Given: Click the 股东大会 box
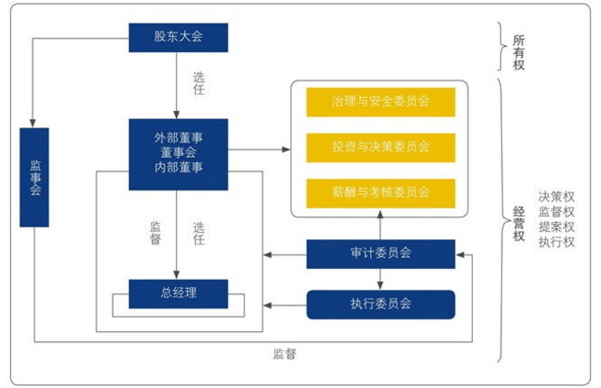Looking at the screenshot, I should pos(178,37).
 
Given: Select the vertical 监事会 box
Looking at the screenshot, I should pos(34,177).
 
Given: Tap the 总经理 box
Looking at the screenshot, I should pos(178,292).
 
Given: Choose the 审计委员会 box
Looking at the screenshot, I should pos(380,254).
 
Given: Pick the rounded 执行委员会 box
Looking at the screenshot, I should pos(380,304).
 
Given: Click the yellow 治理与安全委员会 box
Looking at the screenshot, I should pos(380,102).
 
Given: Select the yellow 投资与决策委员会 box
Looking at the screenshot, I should pos(380,146).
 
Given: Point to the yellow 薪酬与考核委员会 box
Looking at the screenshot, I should pos(380,192).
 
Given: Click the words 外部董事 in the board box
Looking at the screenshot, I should pos(178,136).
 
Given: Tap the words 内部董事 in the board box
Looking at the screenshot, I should pos(178,168).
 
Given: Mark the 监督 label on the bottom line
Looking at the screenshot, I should pos(285,354).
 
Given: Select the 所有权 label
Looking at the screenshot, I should pos(519,50).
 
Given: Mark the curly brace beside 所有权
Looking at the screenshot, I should pos(504,47).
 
